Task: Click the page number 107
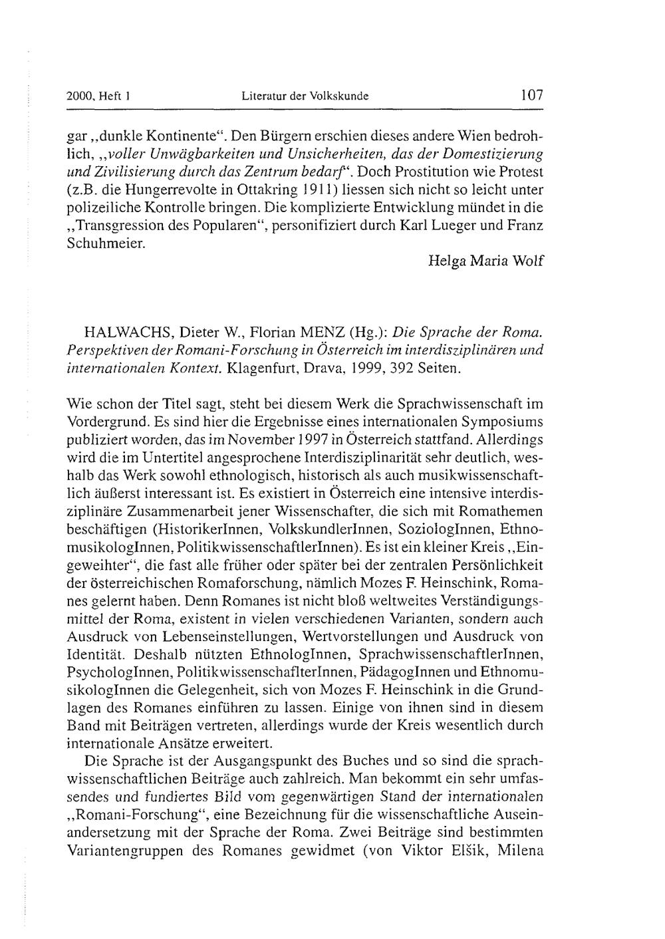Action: [532, 95]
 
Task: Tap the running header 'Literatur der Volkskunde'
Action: [305, 96]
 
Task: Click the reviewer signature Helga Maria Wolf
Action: [487, 260]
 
